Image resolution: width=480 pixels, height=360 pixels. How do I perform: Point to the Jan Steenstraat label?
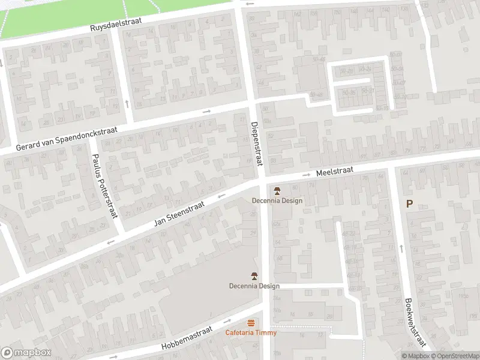179,214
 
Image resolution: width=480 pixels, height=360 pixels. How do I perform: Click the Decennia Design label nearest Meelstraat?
277,201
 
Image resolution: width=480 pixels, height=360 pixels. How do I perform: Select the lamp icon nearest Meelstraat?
277,191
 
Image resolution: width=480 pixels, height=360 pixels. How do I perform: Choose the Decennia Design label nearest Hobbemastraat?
254,286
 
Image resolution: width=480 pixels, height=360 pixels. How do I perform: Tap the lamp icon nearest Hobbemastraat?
254,277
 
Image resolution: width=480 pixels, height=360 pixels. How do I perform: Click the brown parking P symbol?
409,204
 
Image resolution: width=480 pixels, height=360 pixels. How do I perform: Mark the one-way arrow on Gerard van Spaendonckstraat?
207,111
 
